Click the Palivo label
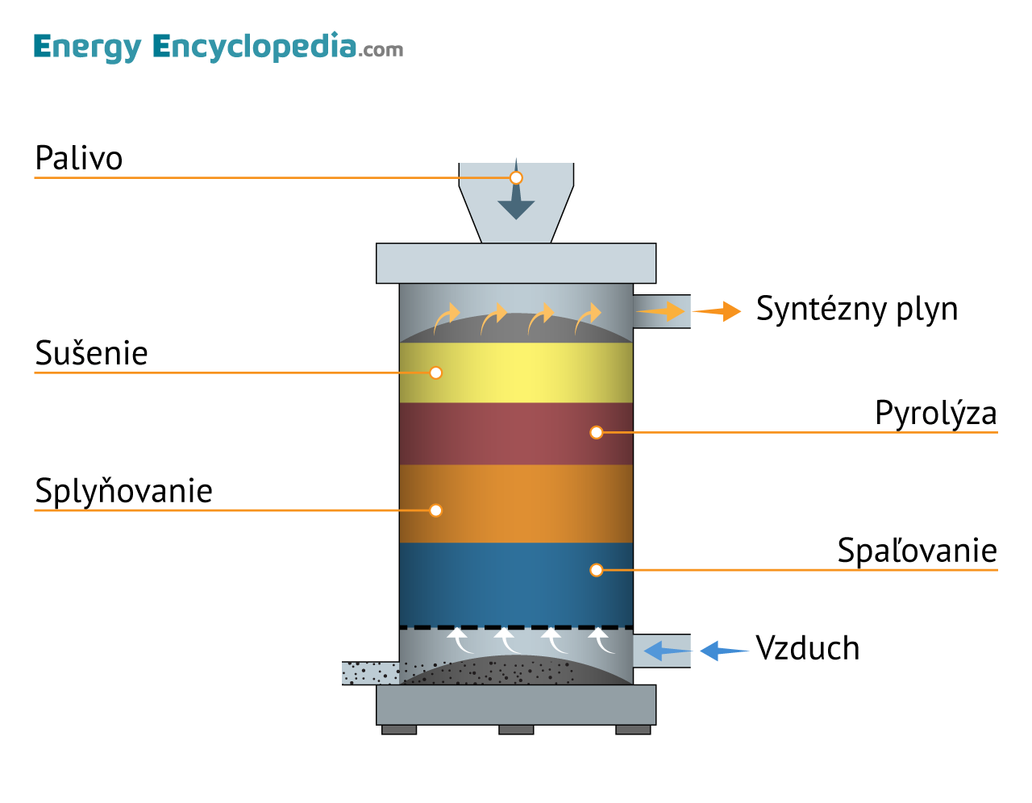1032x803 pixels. coord(79,158)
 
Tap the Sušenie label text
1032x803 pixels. coord(91,353)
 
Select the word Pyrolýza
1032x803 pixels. coord(935,414)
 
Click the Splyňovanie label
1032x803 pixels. coord(123,491)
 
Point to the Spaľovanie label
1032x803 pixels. coord(917,551)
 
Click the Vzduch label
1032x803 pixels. coord(807,648)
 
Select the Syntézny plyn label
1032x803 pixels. coord(856,309)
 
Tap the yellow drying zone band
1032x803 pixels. coord(516,372)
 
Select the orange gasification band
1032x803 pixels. coord(516,503)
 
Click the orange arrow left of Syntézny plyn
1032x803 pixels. coord(717,311)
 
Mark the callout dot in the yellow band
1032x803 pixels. coord(435,372)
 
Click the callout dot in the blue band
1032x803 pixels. coord(596,570)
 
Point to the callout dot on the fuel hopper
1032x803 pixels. coord(516,177)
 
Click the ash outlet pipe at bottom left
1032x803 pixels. coord(370,672)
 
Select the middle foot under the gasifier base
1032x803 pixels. coord(516,730)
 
